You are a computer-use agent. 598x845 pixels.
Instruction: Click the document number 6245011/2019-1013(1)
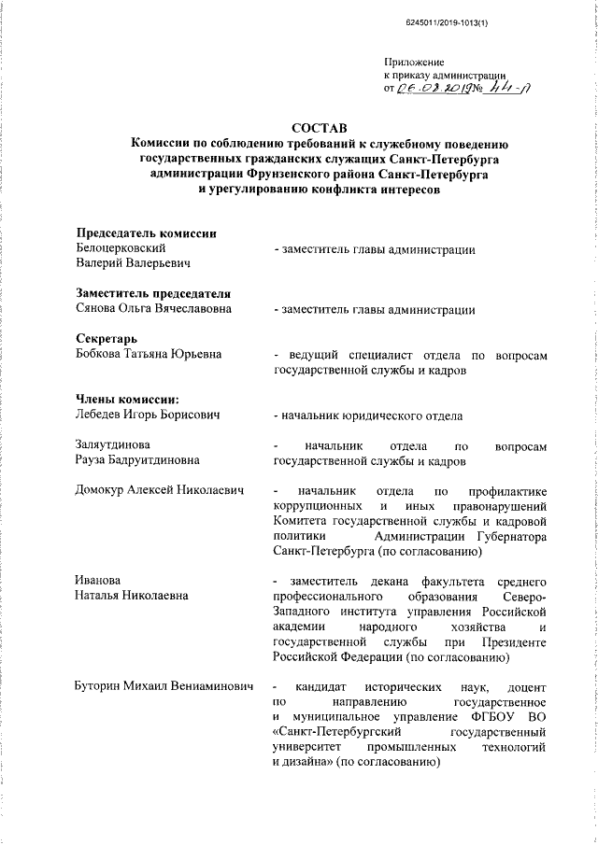[448, 21]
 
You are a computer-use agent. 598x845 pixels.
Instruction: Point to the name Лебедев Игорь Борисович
[148, 415]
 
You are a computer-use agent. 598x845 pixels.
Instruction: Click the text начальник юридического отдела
[372, 415]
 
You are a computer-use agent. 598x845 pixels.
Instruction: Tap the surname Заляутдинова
[117, 444]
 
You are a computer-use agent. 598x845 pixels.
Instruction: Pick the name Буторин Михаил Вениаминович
[164, 686]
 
